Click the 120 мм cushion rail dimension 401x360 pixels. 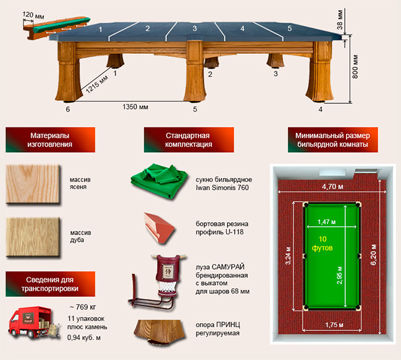[33, 15]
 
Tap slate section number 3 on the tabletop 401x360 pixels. [195, 28]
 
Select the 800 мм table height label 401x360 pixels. [355, 67]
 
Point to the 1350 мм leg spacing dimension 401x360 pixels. [135, 106]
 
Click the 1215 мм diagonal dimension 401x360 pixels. [96, 85]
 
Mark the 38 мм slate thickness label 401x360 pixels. [340, 20]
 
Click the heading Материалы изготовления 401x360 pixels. [50, 140]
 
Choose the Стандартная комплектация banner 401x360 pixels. [188, 140]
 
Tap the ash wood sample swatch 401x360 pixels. [33, 184]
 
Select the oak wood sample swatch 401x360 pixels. [33, 237]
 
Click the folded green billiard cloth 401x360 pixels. [159, 181]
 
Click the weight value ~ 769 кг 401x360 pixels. [83, 307]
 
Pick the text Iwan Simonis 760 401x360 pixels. [222, 187]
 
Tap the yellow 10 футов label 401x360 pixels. [323, 244]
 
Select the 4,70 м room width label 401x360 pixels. [332, 187]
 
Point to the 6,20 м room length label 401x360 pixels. [374, 254]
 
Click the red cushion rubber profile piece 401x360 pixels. [159, 228]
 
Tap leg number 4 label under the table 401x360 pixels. [321, 109]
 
